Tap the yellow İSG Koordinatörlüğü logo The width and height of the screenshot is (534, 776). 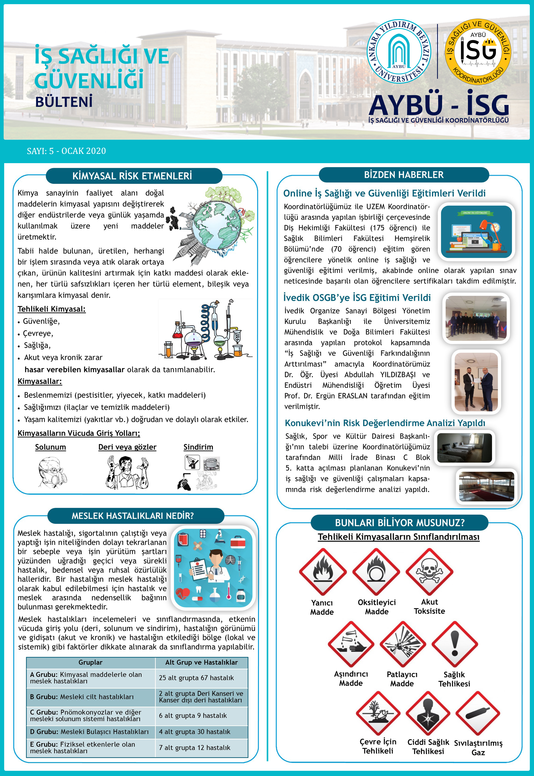(x=478, y=51)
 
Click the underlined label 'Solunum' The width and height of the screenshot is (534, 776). (x=51, y=447)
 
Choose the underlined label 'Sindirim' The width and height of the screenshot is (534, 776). (x=198, y=447)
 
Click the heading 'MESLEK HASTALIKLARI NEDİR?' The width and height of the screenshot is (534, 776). (x=132, y=516)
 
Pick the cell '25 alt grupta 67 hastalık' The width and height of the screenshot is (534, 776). (x=196, y=678)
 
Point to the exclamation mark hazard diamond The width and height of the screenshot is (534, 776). (x=454, y=644)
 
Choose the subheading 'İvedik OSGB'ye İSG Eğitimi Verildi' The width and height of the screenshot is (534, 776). (x=357, y=298)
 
